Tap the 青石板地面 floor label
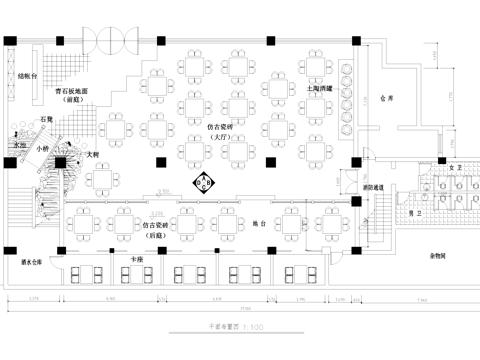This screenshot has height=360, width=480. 71,91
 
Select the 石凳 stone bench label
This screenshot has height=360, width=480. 46,118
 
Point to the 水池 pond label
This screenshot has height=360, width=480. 18,146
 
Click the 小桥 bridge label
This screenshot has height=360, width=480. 42,149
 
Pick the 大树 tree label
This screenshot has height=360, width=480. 92,155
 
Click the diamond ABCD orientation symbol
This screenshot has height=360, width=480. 202,183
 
